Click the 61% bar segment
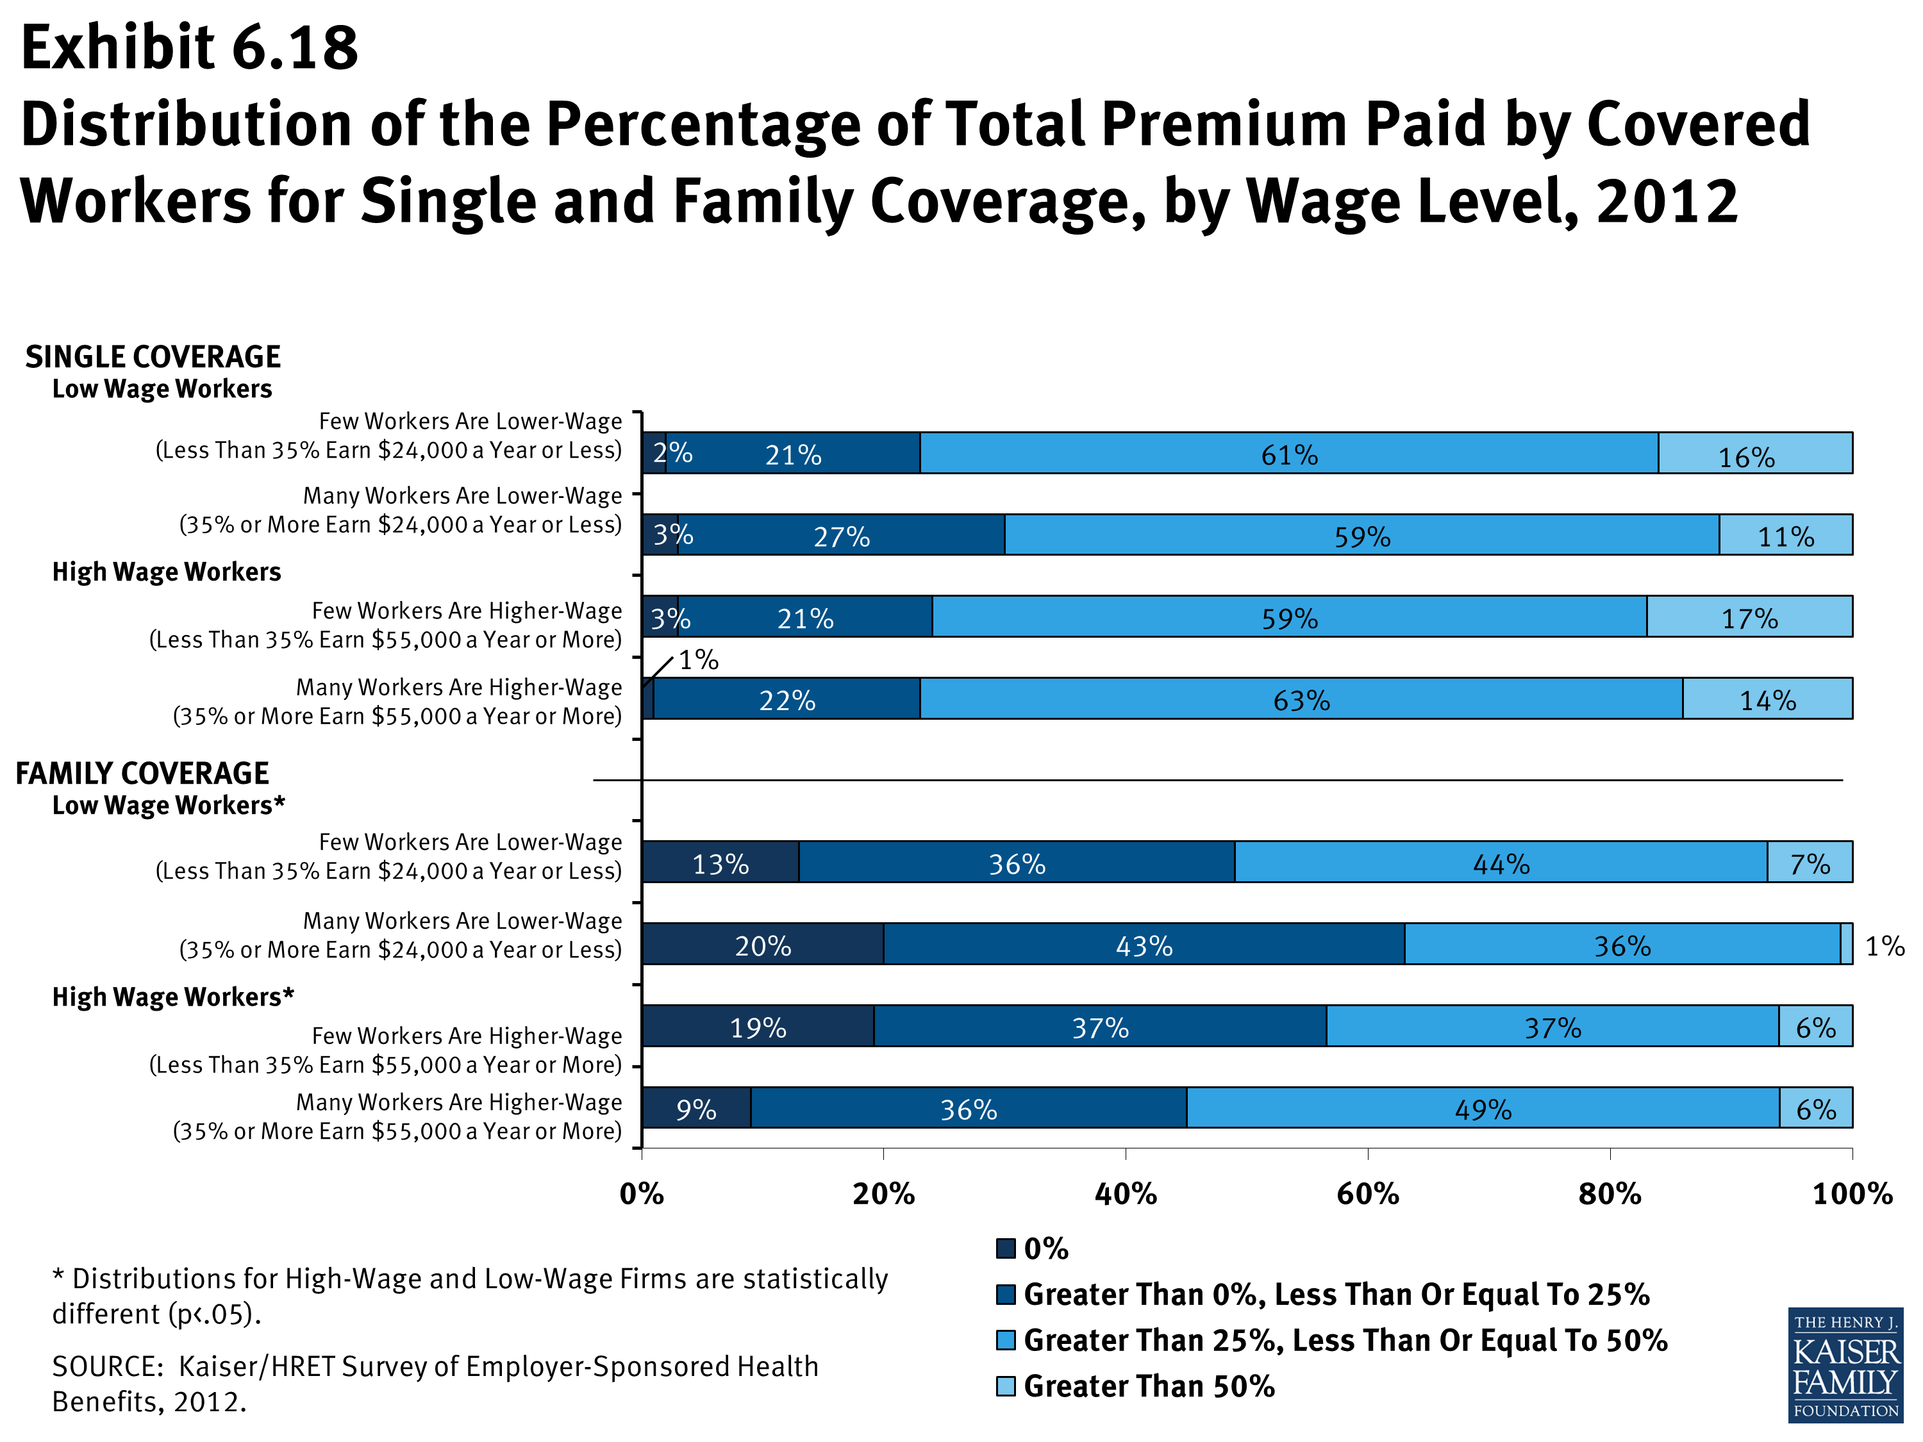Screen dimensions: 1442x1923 (1288, 453)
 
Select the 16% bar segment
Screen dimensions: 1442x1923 (1754, 453)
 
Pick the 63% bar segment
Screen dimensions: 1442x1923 (1301, 699)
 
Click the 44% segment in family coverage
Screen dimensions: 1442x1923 (1501, 862)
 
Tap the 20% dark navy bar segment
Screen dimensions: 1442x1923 (762, 944)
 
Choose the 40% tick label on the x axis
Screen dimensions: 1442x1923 (1125, 1194)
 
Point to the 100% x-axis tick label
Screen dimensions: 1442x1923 (1852, 1194)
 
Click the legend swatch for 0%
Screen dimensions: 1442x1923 (1006, 1249)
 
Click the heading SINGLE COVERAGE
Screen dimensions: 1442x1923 (153, 356)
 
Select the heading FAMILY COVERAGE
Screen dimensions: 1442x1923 (142, 773)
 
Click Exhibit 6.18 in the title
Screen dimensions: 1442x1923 (190, 48)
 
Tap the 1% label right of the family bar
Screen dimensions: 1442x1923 (1885, 946)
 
